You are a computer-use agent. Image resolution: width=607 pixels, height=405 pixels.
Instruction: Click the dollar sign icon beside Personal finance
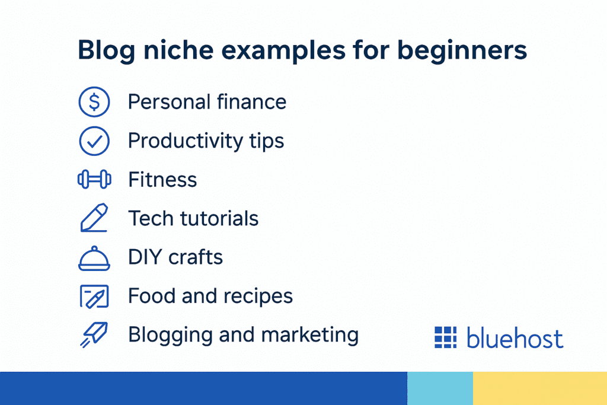pos(94,102)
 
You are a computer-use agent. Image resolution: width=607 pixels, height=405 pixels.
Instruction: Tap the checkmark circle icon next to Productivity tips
pos(94,141)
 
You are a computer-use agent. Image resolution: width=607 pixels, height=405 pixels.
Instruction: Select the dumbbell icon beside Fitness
pos(94,179)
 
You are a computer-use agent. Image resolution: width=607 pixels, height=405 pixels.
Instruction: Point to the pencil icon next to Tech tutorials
pos(94,218)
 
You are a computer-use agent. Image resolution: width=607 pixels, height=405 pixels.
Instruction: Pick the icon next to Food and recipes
pos(94,296)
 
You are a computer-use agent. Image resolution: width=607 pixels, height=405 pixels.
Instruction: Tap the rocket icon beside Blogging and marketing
pos(94,334)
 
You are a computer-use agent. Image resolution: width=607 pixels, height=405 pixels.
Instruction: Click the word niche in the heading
pos(178,50)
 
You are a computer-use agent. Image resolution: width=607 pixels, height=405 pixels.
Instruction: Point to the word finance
pos(251,102)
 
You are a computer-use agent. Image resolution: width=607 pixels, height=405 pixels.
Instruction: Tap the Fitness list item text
pos(162,180)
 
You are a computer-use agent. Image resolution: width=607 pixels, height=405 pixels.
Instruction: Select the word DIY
pos(145,257)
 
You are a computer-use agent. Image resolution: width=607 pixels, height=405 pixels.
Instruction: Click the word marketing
pos(309,335)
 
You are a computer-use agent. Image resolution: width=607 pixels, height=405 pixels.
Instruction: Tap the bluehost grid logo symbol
pos(446,337)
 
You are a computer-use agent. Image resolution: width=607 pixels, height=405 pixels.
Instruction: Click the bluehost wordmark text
pos(515,337)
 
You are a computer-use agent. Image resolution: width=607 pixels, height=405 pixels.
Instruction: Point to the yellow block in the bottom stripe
pos(540,388)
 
